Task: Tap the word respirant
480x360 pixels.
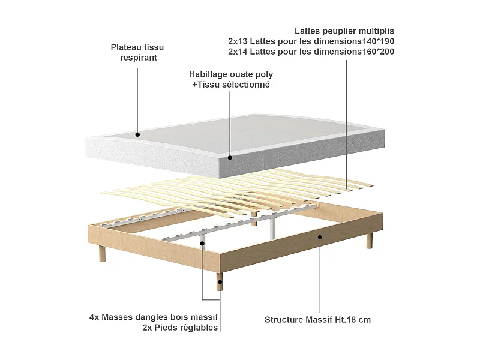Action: (139, 58)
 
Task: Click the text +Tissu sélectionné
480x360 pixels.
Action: (231, 85)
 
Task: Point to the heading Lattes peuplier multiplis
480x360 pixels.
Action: (344, 31)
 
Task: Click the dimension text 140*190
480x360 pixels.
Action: (376, 41)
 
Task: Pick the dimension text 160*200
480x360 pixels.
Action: (376, 52)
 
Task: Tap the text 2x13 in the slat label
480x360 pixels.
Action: (239, 41)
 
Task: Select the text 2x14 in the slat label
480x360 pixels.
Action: (239, 52)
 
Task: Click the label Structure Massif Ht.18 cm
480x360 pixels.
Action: (317, 320)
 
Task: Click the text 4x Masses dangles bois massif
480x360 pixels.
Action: (153, 317)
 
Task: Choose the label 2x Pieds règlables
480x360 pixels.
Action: (180, 328)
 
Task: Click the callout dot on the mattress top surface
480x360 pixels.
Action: (138, 134)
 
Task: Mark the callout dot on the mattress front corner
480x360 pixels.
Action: (230, 158)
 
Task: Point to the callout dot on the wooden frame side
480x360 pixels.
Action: (320, 238)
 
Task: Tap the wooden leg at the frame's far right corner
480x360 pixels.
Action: (369, 241)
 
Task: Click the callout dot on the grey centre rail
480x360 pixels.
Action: (203, 244)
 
